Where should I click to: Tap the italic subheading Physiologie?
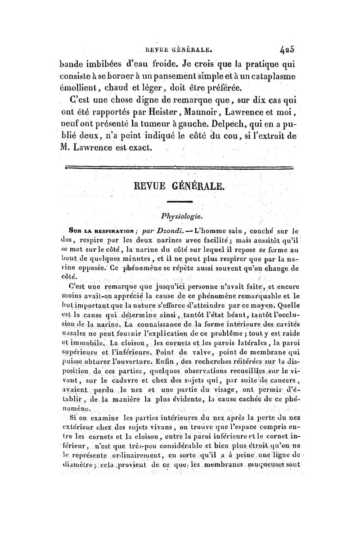pyautogui.click(x=180, y=217)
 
